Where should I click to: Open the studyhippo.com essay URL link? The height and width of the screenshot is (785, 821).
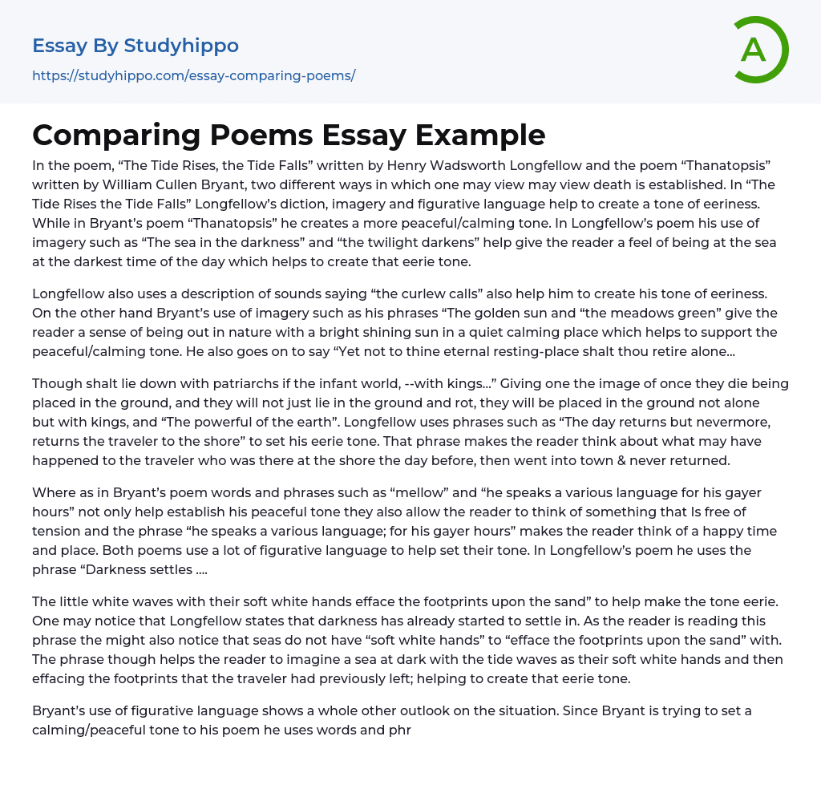(193, 76)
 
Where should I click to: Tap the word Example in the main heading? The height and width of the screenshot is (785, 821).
(479, 135)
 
